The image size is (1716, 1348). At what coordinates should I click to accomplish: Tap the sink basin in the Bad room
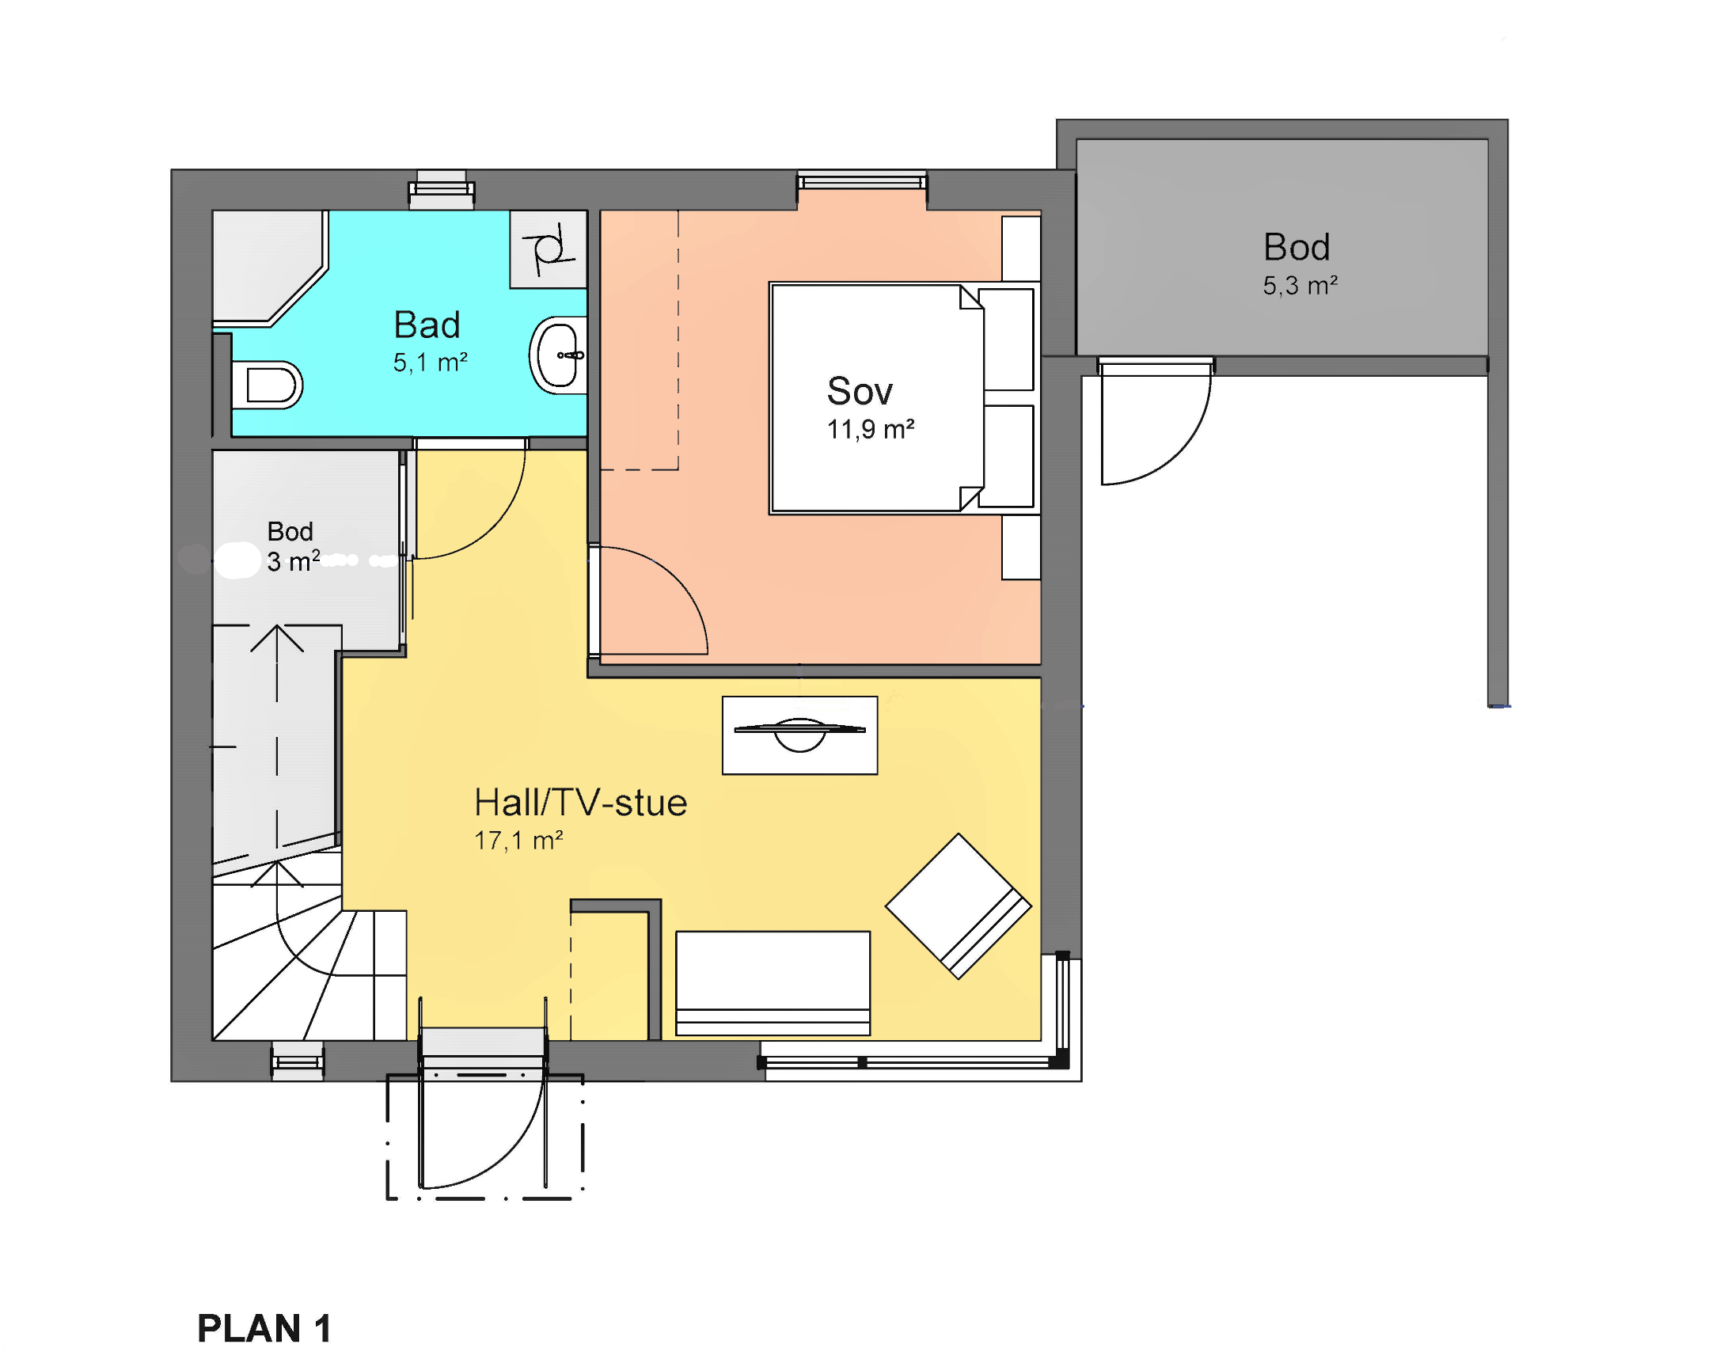pos(559,355)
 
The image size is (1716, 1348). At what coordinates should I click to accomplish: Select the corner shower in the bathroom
pos(269,268)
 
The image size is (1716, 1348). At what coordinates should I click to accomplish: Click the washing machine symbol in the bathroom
pos(548,249)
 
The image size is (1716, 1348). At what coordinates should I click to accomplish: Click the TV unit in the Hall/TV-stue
pos(799,735)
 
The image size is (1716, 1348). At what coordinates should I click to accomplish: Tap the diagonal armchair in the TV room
pos(958,906)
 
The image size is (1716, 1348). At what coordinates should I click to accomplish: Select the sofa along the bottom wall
pos(773,983)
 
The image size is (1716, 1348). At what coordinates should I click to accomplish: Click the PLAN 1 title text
pos(264,1327)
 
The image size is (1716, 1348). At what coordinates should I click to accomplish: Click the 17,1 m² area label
pos(518,840)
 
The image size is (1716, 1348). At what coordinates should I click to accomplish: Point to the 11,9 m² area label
pos(871,429)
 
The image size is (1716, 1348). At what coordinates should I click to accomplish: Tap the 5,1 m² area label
pos(431,363)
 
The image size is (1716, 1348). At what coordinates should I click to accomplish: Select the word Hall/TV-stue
pos(580,803)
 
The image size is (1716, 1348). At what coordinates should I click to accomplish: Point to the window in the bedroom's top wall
pos(861,181)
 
